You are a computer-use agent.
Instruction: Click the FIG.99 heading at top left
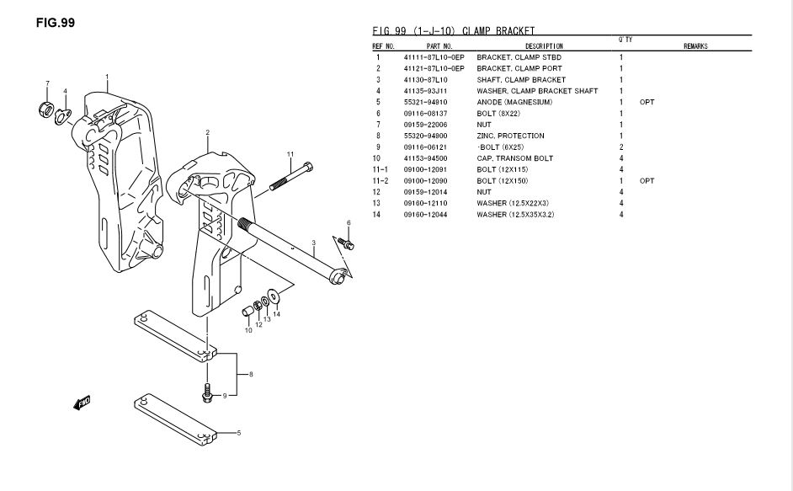[56, 23]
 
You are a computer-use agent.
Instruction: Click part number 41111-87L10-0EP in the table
[434, 57]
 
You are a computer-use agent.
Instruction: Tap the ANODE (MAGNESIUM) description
[514, 102]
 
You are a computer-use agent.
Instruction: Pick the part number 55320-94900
[427, 136]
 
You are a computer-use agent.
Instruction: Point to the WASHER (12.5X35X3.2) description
[515, 215]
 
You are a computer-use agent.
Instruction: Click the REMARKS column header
[695, 46]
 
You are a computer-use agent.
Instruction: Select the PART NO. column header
[439, 46]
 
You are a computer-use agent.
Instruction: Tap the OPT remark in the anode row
[647, 102]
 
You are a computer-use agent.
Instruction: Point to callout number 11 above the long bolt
[290, 154]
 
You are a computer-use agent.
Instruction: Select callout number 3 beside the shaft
[313, 243]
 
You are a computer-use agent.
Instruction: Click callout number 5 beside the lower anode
[238, 434]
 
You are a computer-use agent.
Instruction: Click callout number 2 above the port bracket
[207, 132]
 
